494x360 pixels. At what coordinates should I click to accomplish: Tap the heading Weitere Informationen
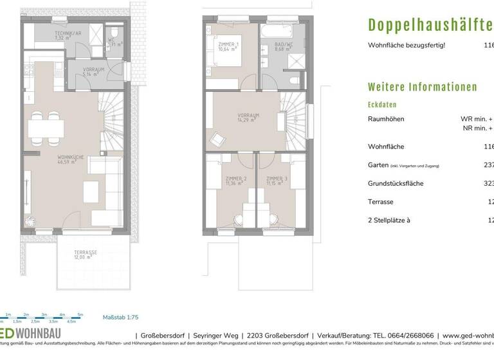pos(422,87)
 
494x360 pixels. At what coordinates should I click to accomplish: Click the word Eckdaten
pos(382,104)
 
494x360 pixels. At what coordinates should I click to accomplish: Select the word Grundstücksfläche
pos(395,183)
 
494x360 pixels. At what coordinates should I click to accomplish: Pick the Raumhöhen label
pos(387,119)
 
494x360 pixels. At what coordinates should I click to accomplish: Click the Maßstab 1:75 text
pos(120,317)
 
